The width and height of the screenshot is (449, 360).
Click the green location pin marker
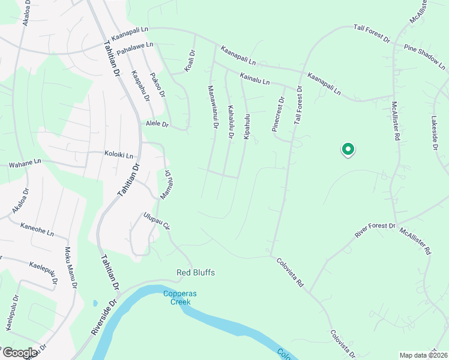347,149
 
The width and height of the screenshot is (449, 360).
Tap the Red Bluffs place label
195,273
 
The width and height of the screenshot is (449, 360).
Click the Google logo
19,353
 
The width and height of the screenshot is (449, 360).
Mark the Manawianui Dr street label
212,107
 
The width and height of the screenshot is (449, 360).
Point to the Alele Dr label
157,124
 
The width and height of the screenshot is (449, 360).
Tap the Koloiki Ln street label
122,154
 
